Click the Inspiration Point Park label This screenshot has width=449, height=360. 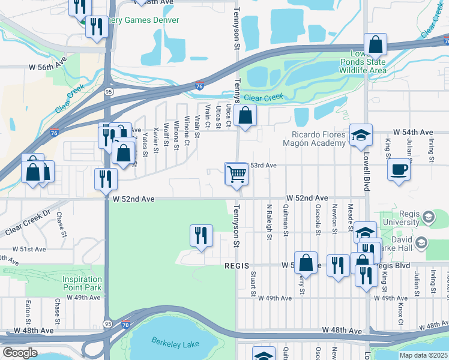tap(82, 283)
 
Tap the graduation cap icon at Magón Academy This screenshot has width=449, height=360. tap(361, 135)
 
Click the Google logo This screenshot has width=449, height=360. tap(20, 353)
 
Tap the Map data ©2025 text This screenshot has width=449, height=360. tap(424, 355)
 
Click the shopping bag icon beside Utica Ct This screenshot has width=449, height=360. tap(246, 115)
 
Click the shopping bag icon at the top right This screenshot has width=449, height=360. tap(375, 44)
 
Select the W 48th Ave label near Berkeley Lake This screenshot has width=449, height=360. tap(342, 331)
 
